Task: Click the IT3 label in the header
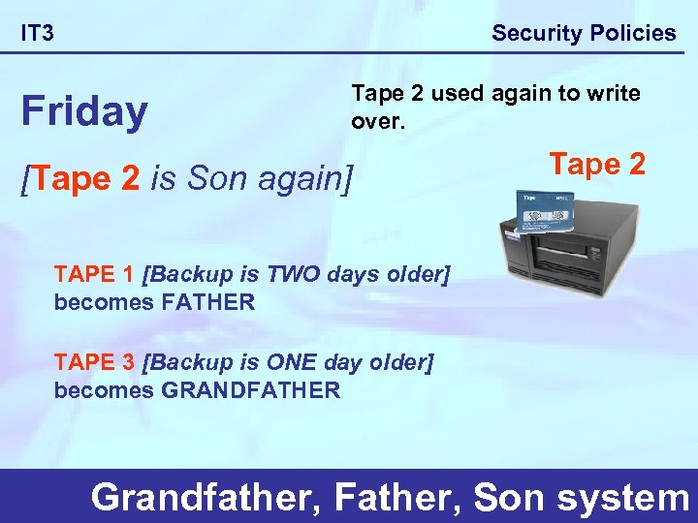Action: tap(38, 34)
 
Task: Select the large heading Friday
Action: tap(84, 112)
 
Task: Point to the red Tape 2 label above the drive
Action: tap(597, 164)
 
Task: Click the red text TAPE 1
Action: tap(94, 274)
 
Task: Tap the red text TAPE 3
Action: tap(94, 362)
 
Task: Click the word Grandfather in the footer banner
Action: tap(206, 497)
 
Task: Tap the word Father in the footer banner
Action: tap(397, 497)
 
